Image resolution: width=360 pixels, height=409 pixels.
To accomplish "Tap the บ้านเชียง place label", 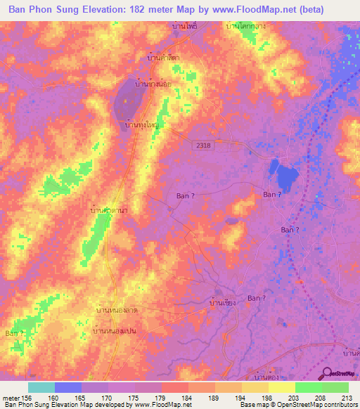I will pyautogui.click(x=222, y=303).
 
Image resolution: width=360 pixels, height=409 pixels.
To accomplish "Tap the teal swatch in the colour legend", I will pyautogui.click(x=41, y=387).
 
